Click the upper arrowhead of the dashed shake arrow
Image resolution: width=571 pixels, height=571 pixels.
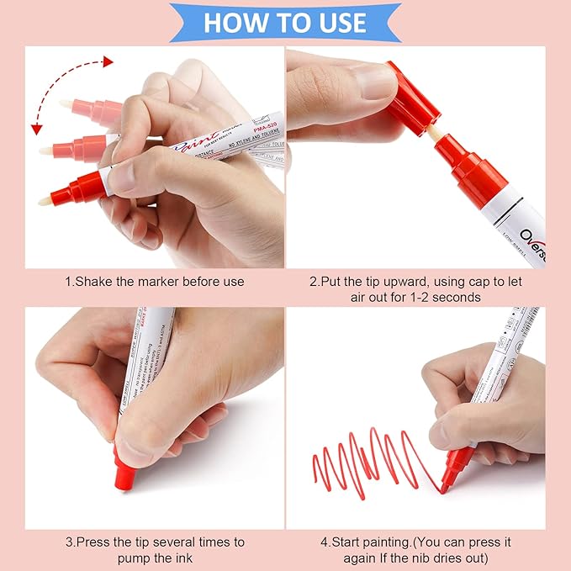click(x=107, y=61)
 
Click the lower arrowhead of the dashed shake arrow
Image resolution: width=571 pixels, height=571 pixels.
click(x=36, y=129)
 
